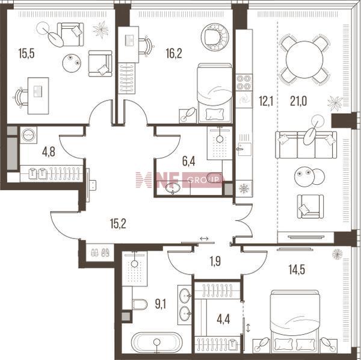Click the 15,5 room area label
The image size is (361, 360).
pos(26,54)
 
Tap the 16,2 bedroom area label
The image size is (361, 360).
pos(174,54)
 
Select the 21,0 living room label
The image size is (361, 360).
pos(298,101)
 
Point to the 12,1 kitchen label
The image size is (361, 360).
pos(266,101)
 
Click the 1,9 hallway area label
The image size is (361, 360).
pos(215,261)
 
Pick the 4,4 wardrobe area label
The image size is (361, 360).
pos(223,320)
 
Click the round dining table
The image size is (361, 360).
pos(304,60)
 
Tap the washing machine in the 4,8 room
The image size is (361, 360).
pos(28,135)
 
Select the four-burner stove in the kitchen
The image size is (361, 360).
pos(244,82)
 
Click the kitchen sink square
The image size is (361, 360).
pos(244,149)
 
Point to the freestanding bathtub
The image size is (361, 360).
pos(157,342)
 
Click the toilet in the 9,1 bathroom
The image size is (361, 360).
pos(140,304)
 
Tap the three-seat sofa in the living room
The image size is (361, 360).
pos(306,144)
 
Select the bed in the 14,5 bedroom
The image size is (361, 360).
pos(295,321)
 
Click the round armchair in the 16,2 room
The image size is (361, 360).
pos(215,37)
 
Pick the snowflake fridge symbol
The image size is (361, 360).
pos(244,188)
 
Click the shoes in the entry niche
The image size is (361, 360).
pos(100,253)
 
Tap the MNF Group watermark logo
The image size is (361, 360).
pos(179,179)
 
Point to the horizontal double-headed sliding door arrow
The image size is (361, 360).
pos(204,238)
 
